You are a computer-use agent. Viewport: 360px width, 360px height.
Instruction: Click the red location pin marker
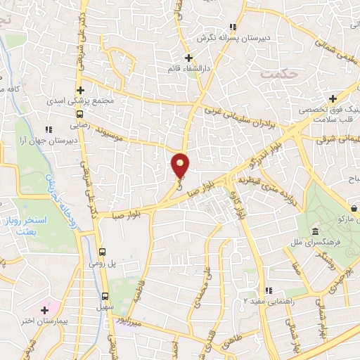(181, 166)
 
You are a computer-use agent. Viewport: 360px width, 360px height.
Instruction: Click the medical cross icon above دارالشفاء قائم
(187, 58)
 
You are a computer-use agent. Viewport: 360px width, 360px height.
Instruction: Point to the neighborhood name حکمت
(274, 72)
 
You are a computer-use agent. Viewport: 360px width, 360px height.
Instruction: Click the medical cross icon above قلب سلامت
(333, 98)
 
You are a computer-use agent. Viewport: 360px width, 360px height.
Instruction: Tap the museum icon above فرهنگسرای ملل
(314, 232)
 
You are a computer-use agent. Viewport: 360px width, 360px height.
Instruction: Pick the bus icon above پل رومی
(103, 251)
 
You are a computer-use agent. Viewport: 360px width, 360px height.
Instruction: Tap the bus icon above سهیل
(105, 295)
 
